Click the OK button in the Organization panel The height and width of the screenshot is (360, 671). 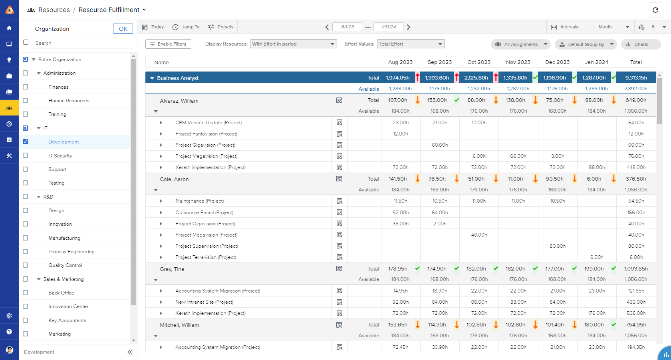tap(123, 29)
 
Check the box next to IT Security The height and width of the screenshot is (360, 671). tap(26, 155)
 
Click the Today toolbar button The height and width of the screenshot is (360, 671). tap(153, 27)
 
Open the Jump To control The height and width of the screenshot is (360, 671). tap(186, 27)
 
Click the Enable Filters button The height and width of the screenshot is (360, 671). tap(168, 44)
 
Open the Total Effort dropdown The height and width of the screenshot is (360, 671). tap(411, 44)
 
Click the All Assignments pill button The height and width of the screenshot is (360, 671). tap(520, 44)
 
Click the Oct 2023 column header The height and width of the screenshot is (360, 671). tap(478, 62)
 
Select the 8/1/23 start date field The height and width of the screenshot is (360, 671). tap(347, 27)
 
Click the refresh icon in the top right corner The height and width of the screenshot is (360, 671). tap(655, 10)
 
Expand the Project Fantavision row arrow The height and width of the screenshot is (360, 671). tap(161, 134)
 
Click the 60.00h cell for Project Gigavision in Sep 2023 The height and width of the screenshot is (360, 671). tap(439, 145)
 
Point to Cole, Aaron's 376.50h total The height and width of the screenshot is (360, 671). tap(635, 179)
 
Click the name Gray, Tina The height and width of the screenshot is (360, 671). tap(172, 269)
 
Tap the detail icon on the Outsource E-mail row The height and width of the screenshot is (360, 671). tap(339, 212)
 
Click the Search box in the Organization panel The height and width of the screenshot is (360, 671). tap(82, 43)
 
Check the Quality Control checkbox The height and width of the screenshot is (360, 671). tap(26, 265)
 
